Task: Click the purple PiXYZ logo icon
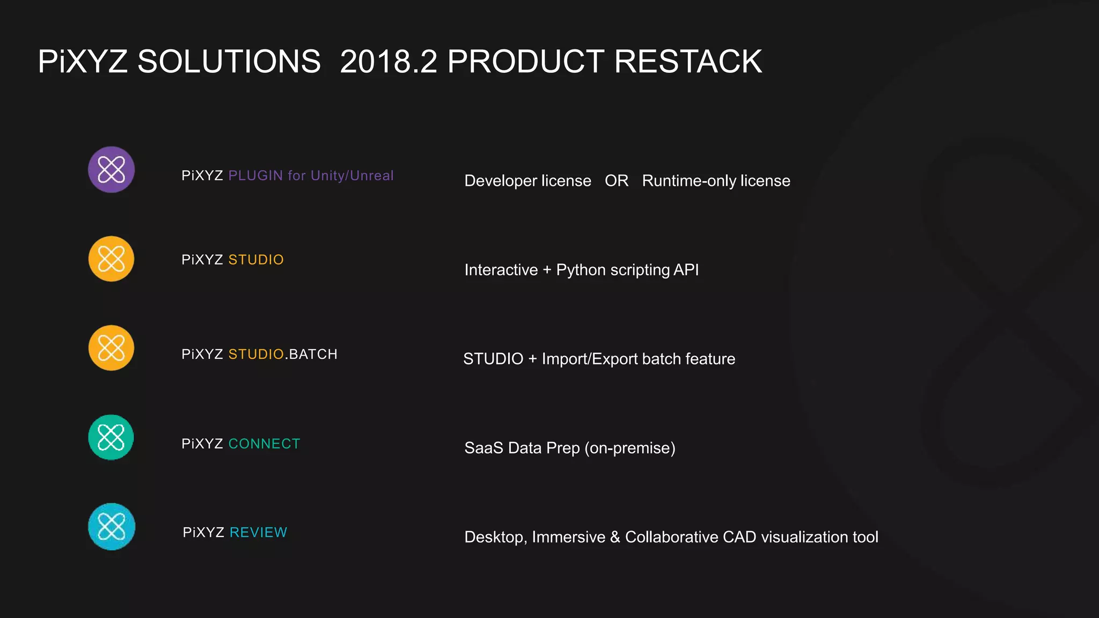point(111,170)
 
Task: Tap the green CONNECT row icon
point(111,437)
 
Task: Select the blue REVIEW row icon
point(111,526)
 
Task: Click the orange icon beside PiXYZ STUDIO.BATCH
point(111,348)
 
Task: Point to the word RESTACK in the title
point(687,61)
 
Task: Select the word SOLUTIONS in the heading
point(229,61)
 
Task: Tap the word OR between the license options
point(616,181)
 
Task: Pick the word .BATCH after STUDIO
point(311,354)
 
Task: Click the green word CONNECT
point(264,444)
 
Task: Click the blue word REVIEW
point(258,533)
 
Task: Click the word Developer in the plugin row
point(500,181)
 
